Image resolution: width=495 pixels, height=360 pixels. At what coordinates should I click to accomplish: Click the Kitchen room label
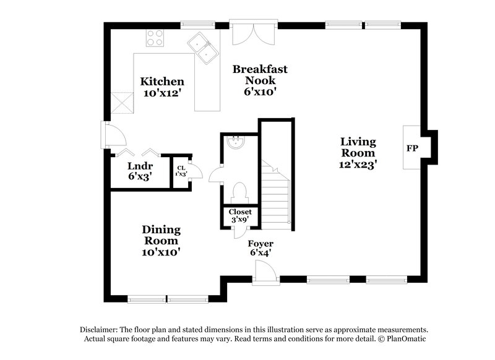tap(162, 81)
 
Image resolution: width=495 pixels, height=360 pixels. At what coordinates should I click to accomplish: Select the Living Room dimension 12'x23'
tap(358, 165)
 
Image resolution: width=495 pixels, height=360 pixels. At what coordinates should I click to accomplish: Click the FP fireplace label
tap(411, 148)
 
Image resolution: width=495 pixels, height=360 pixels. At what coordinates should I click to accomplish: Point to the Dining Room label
tap(161, 234)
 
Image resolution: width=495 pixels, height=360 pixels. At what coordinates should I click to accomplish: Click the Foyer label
tap(260, 244)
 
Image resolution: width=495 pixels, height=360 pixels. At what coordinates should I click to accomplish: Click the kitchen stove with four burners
tap(155, 38)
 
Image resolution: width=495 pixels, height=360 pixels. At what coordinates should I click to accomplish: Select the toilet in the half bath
tap(239, 192)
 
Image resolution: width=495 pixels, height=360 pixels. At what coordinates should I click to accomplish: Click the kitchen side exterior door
tap(112, 134)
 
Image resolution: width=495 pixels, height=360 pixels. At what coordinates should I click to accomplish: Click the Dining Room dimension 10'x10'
tap(161, 252)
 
